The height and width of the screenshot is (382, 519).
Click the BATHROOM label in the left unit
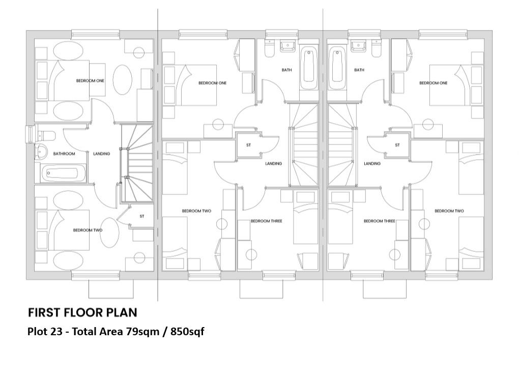point(65,154)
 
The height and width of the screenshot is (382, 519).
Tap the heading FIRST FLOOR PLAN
point(82,312)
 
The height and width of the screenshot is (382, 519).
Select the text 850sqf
point(187,332)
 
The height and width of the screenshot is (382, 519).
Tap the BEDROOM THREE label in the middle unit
point(266,221)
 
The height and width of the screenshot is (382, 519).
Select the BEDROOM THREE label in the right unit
point(380,221)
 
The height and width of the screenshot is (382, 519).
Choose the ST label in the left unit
point(142,217)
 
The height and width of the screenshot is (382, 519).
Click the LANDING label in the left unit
point(102,154)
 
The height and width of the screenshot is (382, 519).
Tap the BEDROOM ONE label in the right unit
point(434,83)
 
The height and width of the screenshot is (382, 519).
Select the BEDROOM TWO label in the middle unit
point(196,211)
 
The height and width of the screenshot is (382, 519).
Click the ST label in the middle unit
point(249,145)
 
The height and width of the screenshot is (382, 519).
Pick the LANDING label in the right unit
point(372,164)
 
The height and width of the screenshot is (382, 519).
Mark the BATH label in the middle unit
point(287,70)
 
